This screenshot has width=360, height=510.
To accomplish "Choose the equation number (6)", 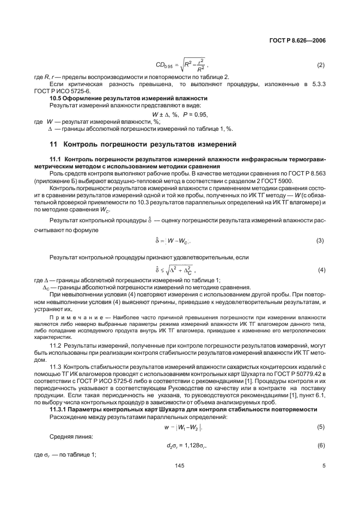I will coord(321,446).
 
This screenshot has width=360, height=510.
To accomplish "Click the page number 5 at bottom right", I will coord(324,466).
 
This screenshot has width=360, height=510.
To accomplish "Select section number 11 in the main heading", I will coord(53,144).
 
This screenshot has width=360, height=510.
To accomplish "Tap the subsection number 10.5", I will coord(57,98).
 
